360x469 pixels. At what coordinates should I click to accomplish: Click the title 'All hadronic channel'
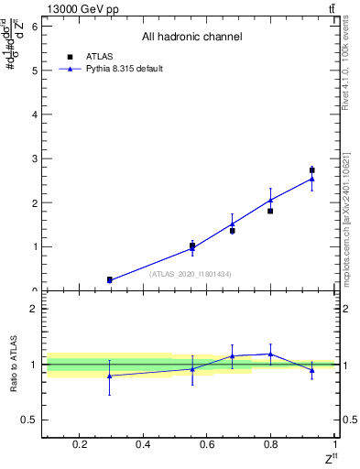click(191, 38)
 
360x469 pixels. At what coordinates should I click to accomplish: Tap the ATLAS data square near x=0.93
click(311, 169)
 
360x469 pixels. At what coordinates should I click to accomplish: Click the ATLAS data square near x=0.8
click(270, 211)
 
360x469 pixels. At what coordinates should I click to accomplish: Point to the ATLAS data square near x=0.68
click(233, 230)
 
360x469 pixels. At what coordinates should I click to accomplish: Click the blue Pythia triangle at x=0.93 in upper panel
click(311, 179)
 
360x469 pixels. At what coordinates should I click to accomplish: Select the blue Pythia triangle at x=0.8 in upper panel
click(270, 200)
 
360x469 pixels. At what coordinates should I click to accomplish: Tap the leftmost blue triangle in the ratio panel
click(109, 376)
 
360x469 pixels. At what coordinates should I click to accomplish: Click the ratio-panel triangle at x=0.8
click(270, 354)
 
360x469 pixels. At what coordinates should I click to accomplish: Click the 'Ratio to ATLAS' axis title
click(13, 365)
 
